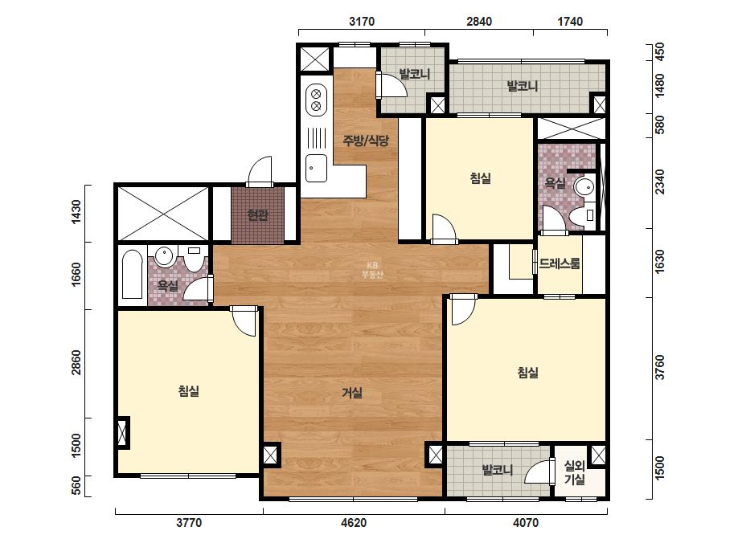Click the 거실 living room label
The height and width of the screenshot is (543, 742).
352,393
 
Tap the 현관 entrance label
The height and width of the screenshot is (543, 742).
257,216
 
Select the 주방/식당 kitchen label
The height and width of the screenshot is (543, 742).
366,141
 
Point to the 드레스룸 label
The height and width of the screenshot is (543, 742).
560,263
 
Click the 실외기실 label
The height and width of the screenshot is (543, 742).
575,472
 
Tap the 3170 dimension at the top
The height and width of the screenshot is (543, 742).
362,21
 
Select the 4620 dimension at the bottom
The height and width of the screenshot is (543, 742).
354,523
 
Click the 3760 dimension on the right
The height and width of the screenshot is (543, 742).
660,367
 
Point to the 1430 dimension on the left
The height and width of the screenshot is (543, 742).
76,212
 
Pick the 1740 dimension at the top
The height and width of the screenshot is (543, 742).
570,21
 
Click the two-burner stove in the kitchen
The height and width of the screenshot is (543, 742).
316,100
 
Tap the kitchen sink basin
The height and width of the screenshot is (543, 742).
316,169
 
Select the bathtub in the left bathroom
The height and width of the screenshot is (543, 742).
132,275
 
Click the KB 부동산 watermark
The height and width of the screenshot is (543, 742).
372,270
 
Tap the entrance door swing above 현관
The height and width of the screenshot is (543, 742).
260,171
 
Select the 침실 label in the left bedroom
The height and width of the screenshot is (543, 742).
188,391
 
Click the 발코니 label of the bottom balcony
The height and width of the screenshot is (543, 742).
498,470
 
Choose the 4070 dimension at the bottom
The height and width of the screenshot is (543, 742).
526,523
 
